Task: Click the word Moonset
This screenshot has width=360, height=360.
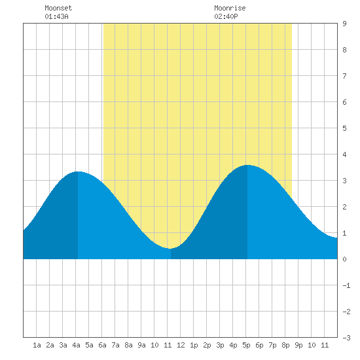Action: [58, 8]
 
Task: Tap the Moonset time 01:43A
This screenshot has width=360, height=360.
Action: [56, 16]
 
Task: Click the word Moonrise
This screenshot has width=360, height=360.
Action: [230, 8]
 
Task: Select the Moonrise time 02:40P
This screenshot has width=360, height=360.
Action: [226, 16]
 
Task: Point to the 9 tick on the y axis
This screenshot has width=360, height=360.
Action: [344, 24]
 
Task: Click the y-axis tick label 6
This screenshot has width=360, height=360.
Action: [344, 102]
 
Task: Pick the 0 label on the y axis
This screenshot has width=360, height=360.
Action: [344, 259]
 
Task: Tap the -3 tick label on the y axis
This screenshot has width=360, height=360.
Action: [346, 338]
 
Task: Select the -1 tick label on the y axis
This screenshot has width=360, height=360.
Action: [346, 285]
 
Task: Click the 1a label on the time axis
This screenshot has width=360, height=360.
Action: [37, 345]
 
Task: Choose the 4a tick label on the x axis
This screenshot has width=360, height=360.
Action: [76, 345]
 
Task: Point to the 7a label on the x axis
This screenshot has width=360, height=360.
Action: [115, 345]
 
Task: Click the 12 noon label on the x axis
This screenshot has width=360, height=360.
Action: [181, 345]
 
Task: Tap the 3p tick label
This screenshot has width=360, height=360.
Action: [220, 345]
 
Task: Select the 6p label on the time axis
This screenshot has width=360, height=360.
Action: [259, 345]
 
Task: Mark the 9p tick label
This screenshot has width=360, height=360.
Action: [298, 345]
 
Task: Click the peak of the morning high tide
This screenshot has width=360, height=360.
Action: [78, 171]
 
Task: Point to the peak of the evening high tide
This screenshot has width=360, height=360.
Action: [247, 165]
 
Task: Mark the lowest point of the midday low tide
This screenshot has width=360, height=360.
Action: [170, 249]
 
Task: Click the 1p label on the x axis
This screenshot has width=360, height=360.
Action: [194, 345]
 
